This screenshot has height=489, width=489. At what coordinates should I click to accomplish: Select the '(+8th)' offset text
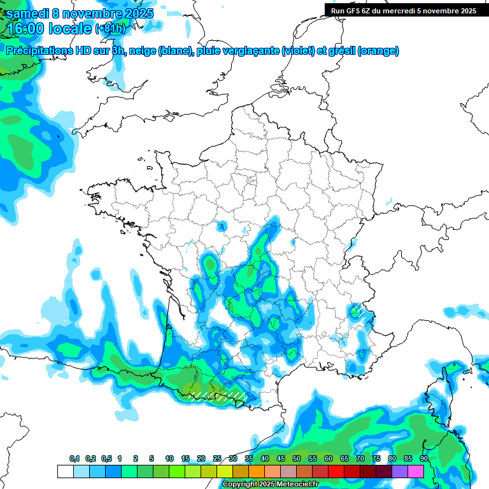coord(110,29)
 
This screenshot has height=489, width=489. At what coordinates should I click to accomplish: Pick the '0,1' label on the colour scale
coord(74,459)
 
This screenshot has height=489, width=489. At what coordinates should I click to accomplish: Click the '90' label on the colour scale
coord(423,459)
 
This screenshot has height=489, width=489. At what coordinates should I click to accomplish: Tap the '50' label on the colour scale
coord(297,459)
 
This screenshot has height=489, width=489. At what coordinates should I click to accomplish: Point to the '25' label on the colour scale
coord(217,459)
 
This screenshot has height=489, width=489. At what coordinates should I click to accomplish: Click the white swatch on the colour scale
coord(65,471)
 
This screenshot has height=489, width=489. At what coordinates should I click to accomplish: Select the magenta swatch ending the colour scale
coord(416,471)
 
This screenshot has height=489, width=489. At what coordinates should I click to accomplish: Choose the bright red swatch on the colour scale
coord(336,471)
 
